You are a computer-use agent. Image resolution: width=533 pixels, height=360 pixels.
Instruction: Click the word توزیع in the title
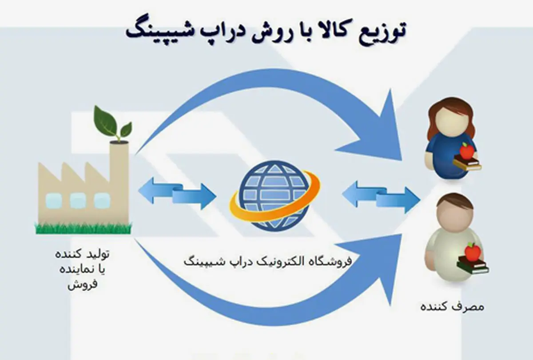coord(378,33)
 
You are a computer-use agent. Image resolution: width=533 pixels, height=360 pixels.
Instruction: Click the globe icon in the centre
coord(275,196)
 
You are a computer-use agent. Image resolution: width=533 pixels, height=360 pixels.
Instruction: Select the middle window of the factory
coord(78,200)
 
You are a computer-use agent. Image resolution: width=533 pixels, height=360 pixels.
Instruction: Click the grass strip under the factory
coord(84,228)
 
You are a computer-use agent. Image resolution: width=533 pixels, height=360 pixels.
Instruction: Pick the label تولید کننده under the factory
coord(82,254)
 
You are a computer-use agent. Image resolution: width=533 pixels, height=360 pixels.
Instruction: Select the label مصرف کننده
coord(452,306)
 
